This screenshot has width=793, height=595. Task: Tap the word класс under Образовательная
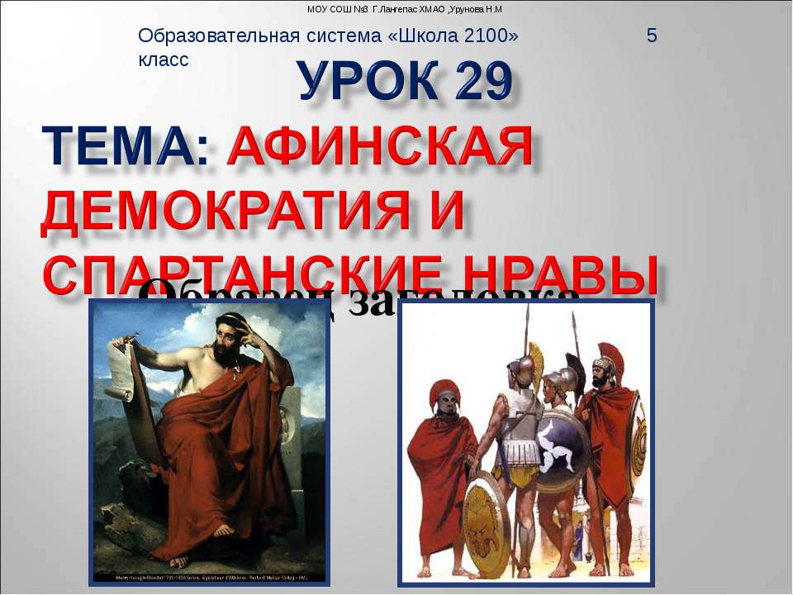(164, 59)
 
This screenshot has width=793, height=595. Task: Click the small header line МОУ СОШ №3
(405, 9)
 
